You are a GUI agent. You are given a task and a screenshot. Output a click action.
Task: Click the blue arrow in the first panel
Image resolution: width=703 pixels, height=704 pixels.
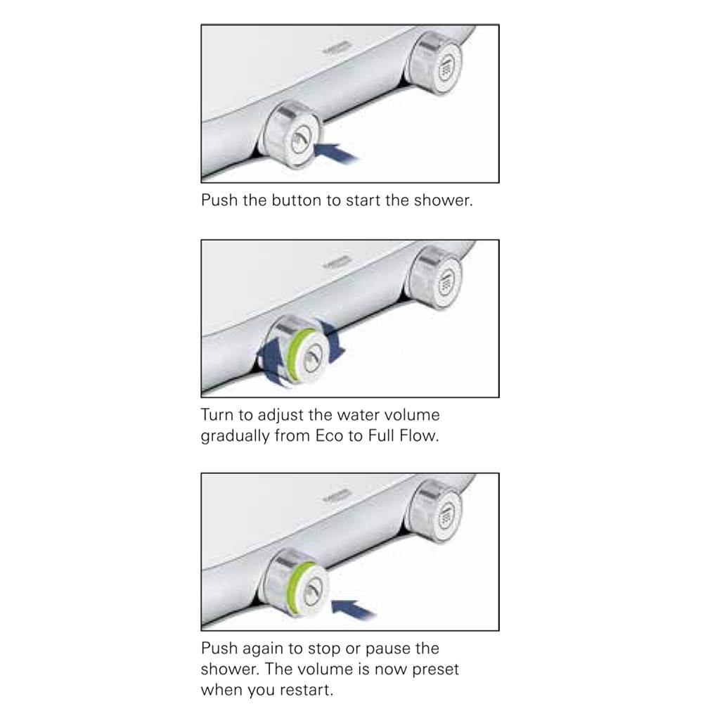[x=336, y=153]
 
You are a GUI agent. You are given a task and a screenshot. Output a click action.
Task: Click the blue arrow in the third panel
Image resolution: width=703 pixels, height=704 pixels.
[x=354, y=609]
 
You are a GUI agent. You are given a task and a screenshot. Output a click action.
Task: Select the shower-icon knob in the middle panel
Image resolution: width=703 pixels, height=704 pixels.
[x=434, y=278]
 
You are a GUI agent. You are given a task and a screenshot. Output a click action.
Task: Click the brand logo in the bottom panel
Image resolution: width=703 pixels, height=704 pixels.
[x=337, y=496]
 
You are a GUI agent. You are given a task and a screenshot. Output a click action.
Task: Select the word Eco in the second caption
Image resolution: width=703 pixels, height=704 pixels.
[x=329, y=436]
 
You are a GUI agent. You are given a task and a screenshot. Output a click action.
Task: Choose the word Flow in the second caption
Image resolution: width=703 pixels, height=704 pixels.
[x=419, y=436]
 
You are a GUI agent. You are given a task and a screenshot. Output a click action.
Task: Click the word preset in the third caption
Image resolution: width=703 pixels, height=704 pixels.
[x=435, y=670]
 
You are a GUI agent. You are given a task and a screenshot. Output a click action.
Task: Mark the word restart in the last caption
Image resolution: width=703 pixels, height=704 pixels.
[x=305, y=690]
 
